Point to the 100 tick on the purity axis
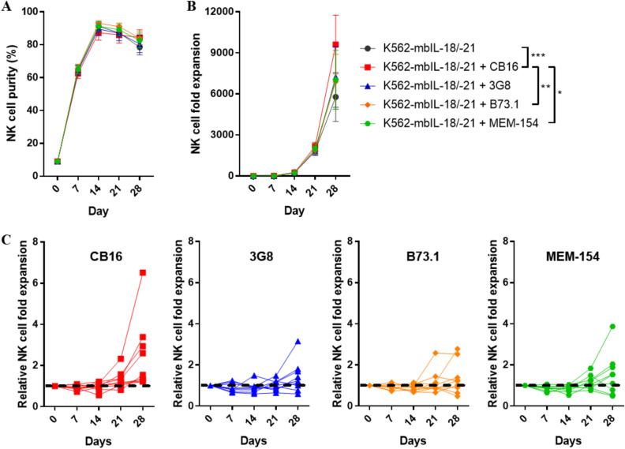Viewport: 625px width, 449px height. tap(36, 12)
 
